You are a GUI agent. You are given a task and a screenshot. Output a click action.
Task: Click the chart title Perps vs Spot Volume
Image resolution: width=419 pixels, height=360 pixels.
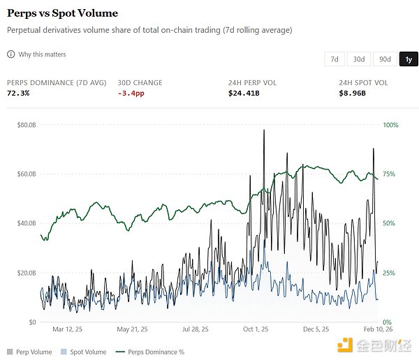coord(62,13)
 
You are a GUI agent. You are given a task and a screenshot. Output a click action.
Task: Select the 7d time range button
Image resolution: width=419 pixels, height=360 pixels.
coord(335,59)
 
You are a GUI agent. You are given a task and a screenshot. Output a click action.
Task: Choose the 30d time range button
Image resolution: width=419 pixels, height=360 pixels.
coord(358,59)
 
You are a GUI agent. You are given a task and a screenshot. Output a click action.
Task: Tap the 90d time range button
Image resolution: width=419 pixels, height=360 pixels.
coord(383,59)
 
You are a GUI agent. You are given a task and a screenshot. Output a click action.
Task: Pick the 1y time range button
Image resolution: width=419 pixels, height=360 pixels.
coord(408,59)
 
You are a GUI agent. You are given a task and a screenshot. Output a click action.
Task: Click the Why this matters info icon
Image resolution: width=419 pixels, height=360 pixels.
coord(10,54)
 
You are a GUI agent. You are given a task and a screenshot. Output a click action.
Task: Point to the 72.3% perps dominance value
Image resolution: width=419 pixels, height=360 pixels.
coord(18,93)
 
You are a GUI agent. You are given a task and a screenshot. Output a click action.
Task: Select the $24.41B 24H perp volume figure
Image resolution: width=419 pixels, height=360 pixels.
coord(243,93)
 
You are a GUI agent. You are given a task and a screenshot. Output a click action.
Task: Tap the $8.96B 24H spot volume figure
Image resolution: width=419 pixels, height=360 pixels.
coord(352,93)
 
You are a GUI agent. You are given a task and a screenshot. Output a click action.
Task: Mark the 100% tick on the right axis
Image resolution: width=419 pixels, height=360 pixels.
coord(390,125)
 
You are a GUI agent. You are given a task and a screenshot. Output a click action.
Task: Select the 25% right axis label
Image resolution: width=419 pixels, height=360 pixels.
coord(389,273)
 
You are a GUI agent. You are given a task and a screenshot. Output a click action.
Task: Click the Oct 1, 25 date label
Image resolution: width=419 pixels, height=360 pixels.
coord(256,329)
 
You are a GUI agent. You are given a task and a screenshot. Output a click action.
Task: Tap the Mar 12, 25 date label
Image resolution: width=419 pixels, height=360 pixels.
coord(68,329)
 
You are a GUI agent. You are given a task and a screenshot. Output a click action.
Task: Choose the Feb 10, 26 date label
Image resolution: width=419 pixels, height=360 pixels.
coord(378,329)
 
